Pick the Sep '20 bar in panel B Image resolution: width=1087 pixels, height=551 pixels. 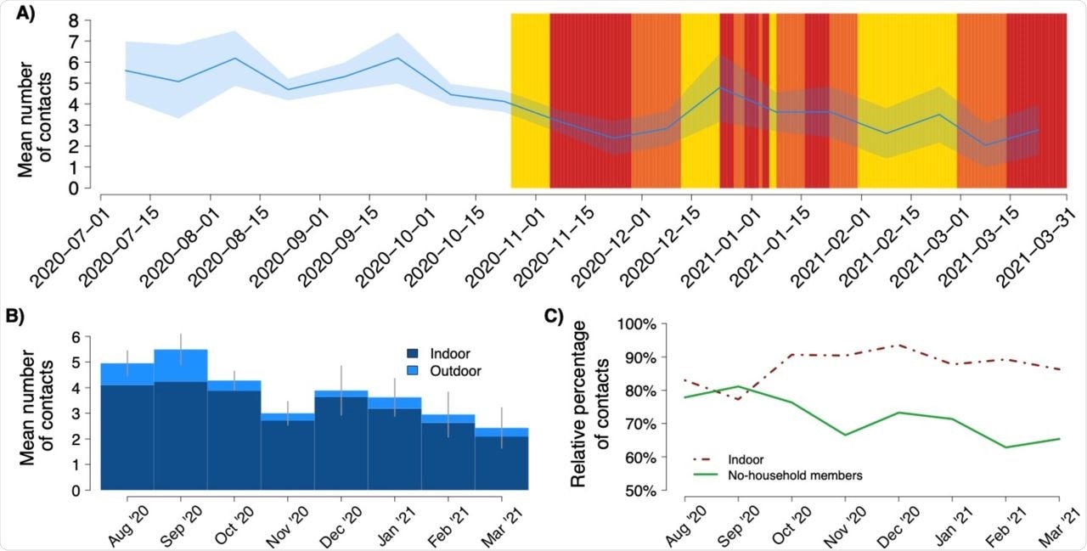[181, 419]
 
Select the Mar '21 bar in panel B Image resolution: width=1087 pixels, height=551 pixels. [501, 458]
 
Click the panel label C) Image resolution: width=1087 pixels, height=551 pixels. [555, 317]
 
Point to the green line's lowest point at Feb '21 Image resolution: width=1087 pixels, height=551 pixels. [1007, 447]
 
